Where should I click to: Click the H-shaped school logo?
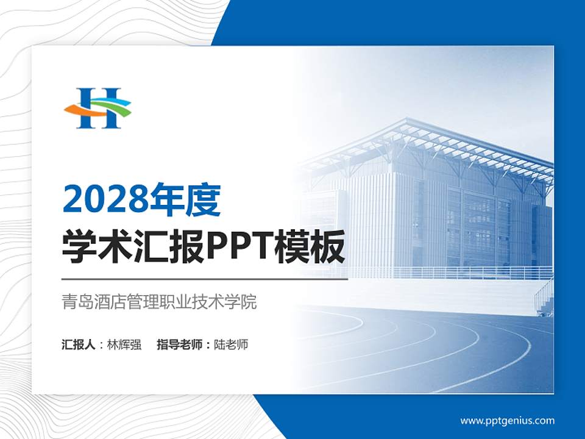click(x=97, y=108)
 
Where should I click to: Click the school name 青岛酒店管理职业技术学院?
click(x=159, y=302)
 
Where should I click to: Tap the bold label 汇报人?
click(x=79, y=344)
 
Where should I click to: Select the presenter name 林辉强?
click(x=124, y=344)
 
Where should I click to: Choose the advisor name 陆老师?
click(x=232, y=344)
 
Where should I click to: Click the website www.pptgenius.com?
click(x=507, y=420)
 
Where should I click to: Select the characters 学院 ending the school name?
click(x=243, y=302)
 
